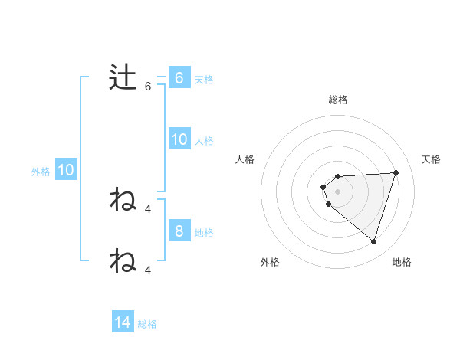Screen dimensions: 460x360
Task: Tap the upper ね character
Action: pos(123,200)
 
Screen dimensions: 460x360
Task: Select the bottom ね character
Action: pos(123,260)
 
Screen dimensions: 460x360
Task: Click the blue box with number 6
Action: pos(179,78)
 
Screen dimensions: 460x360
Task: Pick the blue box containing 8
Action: pos(179,231)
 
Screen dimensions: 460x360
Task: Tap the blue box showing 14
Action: pos(123,322)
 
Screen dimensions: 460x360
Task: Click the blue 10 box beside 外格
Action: pos(66,170)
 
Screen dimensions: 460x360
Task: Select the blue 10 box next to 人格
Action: pos(179,139)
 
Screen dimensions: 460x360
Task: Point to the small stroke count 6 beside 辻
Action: pos(148,87)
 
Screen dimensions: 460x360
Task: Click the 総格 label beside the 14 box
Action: pos(147,324)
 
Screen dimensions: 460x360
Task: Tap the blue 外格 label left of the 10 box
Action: pos(41,172)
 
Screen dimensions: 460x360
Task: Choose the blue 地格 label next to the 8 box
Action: pos(204,232)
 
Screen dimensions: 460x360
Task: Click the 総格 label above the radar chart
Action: pos(338,100)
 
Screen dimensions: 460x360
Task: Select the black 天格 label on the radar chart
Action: pos(432,159)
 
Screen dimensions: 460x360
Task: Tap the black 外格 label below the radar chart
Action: pos(270,262)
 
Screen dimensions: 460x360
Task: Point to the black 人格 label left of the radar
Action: pos(245,159)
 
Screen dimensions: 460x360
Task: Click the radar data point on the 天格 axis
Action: pos(396,172)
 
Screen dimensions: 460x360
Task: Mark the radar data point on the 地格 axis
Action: pos(373,241)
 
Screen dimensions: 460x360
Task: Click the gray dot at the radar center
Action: pos(338,191)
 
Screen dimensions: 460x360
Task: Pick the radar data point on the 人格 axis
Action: pos(324,186)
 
